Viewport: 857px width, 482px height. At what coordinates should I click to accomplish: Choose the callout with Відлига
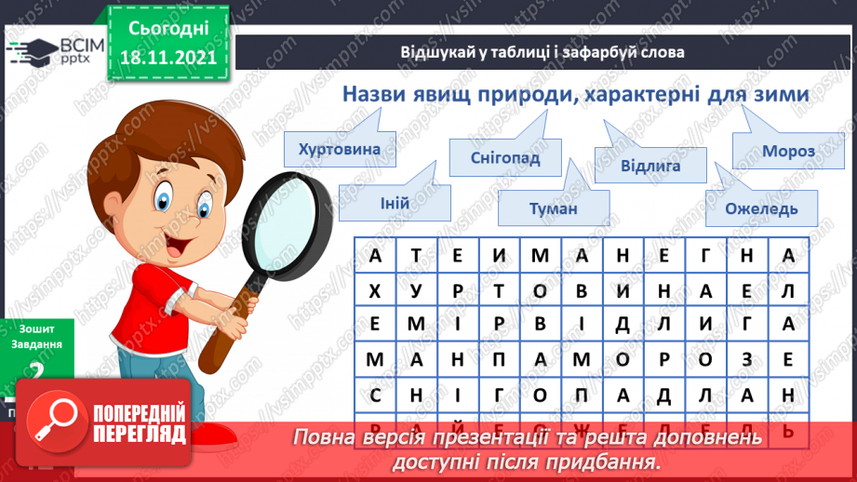[650, 166]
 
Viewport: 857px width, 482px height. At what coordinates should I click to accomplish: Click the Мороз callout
[787, 151]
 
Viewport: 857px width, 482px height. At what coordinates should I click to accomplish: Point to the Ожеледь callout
[762, 208]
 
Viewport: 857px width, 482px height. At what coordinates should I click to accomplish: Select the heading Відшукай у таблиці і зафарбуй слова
[542, 52]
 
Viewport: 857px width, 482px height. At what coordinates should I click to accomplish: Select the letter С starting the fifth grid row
[375, 393]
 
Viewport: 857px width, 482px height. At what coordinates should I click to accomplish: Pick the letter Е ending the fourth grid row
[787, 359]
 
